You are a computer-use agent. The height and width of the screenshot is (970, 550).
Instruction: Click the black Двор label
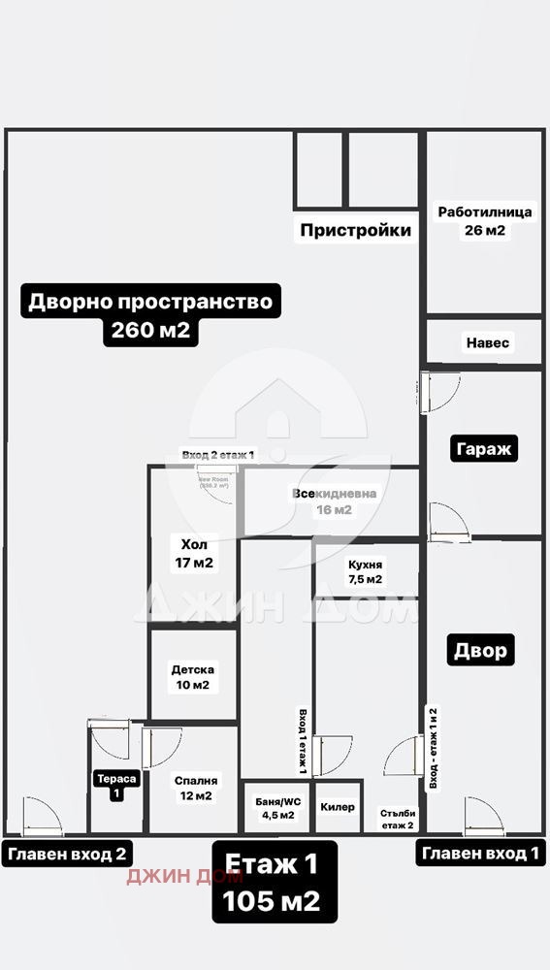click(480, 650)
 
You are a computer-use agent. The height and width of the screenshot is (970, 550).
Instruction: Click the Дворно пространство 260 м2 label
click(150, 315)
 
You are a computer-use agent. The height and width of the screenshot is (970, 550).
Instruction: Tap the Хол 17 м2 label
click(194, 552)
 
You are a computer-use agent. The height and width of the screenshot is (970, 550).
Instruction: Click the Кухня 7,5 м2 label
click(366, 571)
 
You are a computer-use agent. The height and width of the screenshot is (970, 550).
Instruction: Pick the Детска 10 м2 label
click(193, 677)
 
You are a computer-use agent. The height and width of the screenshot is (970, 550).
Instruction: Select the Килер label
click(337, 807)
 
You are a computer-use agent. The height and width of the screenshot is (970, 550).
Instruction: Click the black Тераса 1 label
click(115, 786)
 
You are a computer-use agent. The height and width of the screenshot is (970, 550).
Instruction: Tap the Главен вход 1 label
click(479, 854)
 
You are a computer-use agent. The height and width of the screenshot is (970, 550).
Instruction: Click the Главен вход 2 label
click(68, 854)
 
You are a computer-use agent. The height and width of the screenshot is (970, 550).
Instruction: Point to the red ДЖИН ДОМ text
click(171, 876)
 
